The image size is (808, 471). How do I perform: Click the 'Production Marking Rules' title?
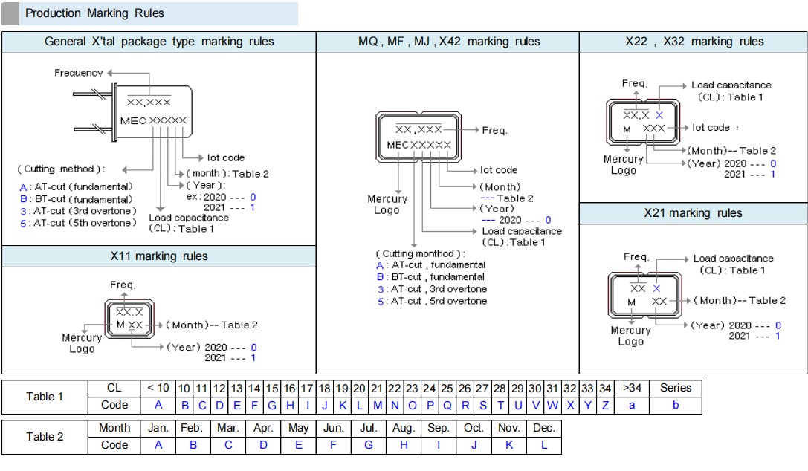pyautogui.click(x=94, y=13)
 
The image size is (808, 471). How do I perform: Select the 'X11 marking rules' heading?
pyautogui.click(x=159, y=256)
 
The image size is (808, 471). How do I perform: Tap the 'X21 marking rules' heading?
pyautogui.click(x=693, y=213)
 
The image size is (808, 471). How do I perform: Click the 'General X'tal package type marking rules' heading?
pyautogui.click(x=159, y=42)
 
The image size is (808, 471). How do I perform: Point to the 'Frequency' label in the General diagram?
pyautogui.click(x=79, y=73)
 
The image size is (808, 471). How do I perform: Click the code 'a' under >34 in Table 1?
pyautogui.click(x=632, y=405)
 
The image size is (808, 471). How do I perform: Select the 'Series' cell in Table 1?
pyautogui.click(x=675, y=388)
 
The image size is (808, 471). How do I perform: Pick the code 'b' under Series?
pyautogui.click(x=675, y=405)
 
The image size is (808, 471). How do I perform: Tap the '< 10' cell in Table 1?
pyautogui.click(x=158, y=388)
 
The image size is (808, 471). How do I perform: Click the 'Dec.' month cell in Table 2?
pyautogui.click(x=544, y=428)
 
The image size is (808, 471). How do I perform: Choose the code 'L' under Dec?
pyautogui.click(x=544, y=445)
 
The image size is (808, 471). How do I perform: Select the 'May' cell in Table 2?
pyautogui.click(x=298, y=428)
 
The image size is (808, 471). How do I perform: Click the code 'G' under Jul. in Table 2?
pyautogui.click(x=368, y=445)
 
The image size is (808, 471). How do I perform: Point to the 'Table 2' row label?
pyautogui.click(x=45, y=437)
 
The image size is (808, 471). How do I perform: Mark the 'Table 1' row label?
pyautogui.click(x=45, y=397)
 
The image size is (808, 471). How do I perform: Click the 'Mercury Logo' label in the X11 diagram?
pyautogui.click(x=82, y=343)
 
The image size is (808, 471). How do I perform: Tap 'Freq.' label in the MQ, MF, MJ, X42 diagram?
pyautogui.click(x=494, y=130)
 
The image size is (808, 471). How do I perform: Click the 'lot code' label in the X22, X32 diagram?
pyautogui.click(x=711, y=128)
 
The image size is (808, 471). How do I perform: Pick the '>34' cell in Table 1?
pyautogui.click(x=632, y=388)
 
